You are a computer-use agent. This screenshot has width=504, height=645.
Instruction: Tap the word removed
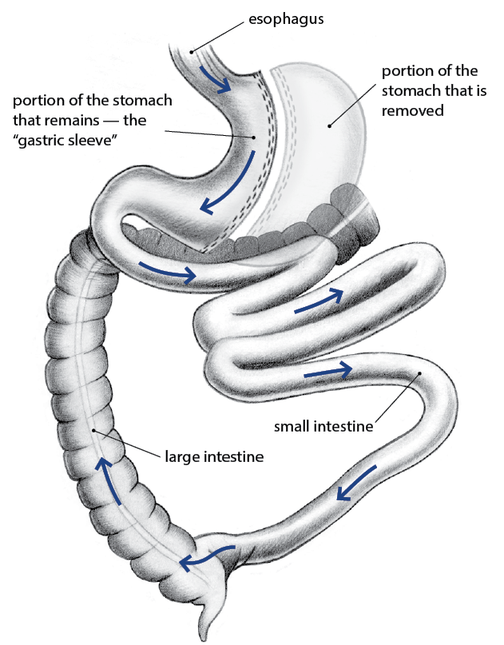point(412,111)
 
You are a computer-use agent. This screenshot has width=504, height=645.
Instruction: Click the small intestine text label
point(323,426)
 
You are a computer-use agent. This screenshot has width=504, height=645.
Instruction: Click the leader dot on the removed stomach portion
point(328,125)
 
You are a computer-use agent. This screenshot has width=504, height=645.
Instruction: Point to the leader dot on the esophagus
point(191,52)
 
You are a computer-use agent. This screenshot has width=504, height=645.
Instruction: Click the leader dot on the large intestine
point(93,431)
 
